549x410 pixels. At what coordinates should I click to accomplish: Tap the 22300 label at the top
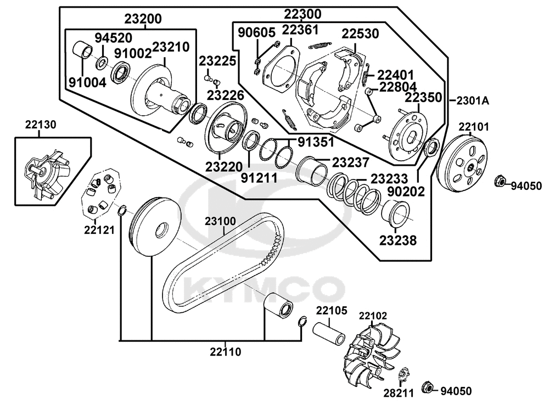pyautogui.click(x=302, y=13)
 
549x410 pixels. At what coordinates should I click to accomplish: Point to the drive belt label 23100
pyautogui.click(x=221, y=222)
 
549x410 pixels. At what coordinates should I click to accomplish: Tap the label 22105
pyautogui.click(x=331, y=311)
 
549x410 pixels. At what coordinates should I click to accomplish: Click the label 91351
pyautogui.click(x=316, y=142)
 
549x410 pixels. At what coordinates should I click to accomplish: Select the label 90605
pyautogui.click(x=256, y=32)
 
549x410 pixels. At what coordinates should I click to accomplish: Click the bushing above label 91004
pyautogui.click(x=83, y=50)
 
